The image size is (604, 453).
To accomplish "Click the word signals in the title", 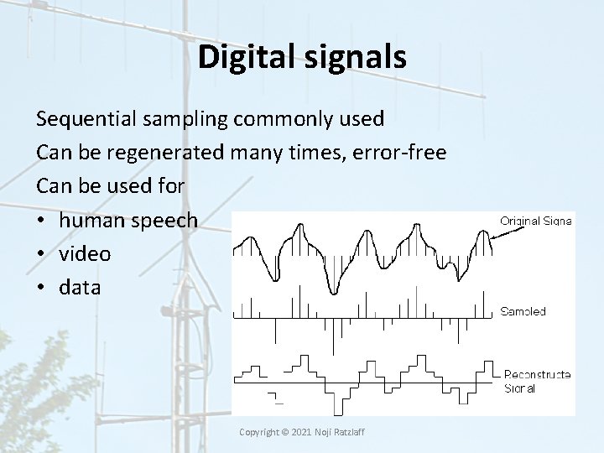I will point(356,57).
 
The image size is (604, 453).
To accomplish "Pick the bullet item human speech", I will point(128,220).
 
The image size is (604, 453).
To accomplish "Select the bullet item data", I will point(80,287).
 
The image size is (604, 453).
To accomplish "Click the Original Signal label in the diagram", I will point(536,221).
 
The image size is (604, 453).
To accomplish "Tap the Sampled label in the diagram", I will point(523,311).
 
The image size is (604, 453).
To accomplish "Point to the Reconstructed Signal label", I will point(537,381).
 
